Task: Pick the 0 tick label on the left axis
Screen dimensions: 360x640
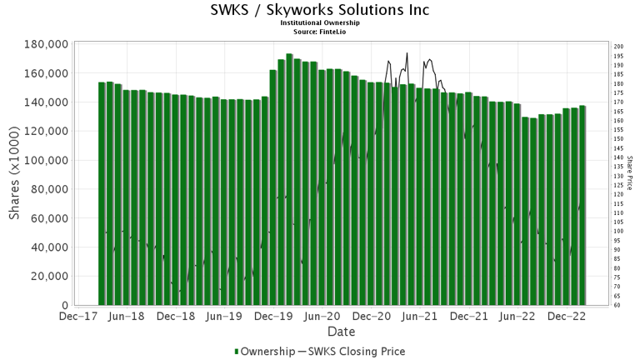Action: coord(64,305)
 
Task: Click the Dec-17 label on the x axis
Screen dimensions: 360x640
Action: coord(77,317)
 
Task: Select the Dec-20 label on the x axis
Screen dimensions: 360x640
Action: coord(372,317)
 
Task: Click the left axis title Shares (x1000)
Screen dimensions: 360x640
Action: coord(15,175)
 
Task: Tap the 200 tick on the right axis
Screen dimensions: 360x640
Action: coord(617,47)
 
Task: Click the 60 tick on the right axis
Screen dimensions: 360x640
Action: coord(617,305)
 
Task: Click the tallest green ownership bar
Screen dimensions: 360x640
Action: coord(289,179)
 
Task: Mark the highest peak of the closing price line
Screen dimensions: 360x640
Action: coord(407,53)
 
